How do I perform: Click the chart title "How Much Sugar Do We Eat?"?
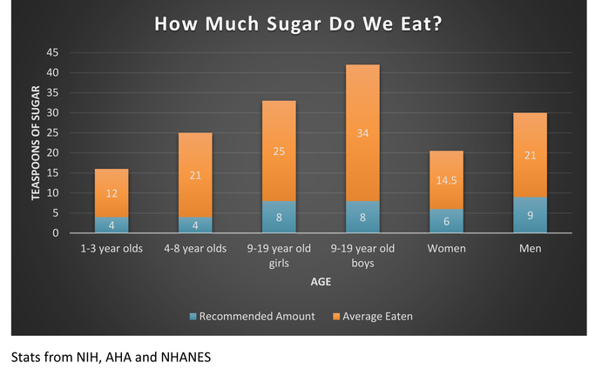(x=297, y=23)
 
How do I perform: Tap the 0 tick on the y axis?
(x=55, y=233)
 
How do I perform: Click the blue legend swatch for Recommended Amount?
(x=193, y=317)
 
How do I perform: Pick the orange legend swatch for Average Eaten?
(x=335, y=317)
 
